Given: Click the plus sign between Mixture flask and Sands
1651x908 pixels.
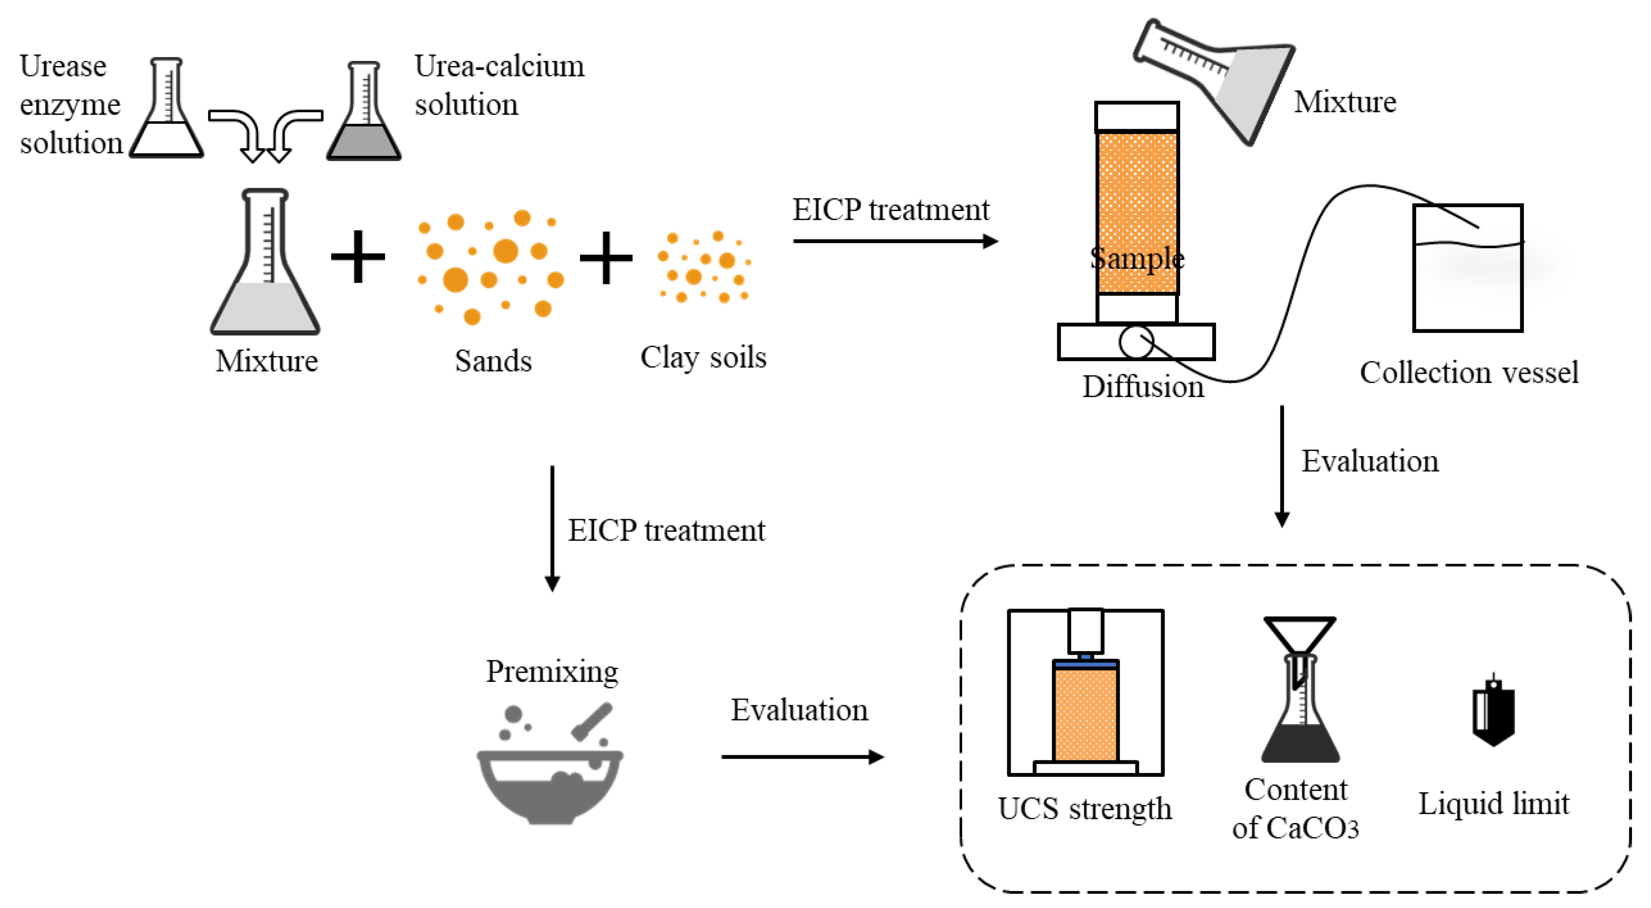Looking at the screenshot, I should (x=358, y=256).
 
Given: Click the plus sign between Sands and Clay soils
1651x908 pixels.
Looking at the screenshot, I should (x=606, y=258).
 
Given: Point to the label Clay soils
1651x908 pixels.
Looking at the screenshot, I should (x=703, y=357).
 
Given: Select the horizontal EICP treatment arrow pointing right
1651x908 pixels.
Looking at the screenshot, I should (x=894, y=241).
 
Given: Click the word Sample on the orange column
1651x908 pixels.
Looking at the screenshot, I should (x=1136, y=258).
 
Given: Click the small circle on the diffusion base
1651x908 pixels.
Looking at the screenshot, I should (x=1136, y=342).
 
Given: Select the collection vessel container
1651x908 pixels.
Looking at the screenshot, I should (x=1467, y=268).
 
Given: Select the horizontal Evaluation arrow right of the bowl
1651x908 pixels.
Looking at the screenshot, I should (x=801, y=757).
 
